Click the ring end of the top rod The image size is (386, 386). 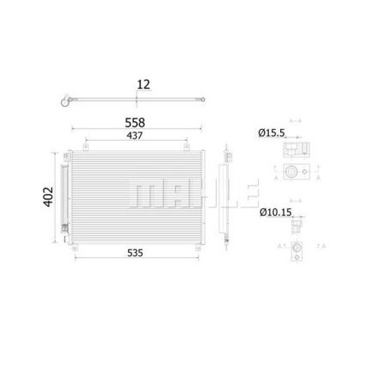coord(62,107)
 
